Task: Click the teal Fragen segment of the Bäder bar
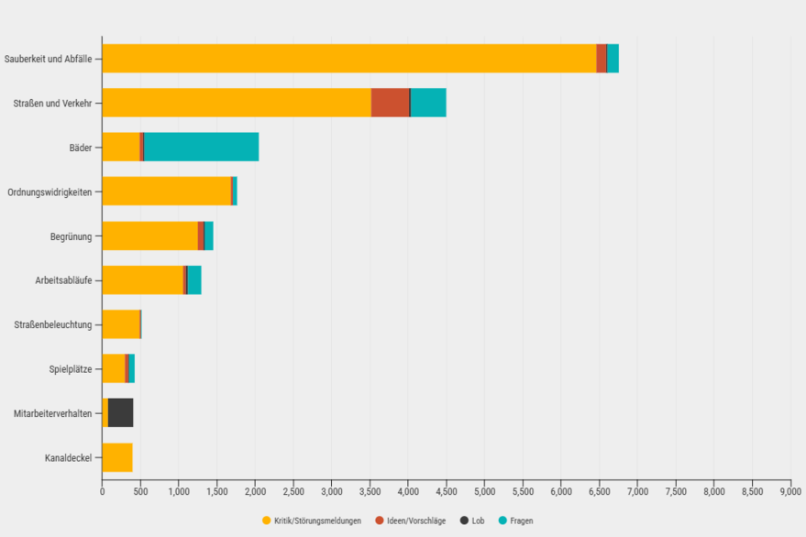coord(201,147)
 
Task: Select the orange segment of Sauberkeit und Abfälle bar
coord(348,58)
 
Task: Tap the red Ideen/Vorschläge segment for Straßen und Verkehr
coord(390,103)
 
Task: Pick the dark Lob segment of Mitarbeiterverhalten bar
coord(120,412)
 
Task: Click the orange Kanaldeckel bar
coord(117,457)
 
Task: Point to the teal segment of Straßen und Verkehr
coord(428,103)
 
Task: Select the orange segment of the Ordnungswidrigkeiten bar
coord(166,191)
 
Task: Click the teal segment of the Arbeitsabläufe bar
coord(194,279)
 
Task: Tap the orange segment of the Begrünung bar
coord(149,236)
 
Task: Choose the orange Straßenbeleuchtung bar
coord(120,323)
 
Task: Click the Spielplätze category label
coord(70,369)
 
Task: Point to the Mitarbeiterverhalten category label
coord(52,413)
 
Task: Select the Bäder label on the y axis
coord(80,148)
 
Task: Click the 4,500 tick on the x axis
coord(447,491)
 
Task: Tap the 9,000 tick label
coord(790,491)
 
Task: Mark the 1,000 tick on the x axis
coord(179,491)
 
